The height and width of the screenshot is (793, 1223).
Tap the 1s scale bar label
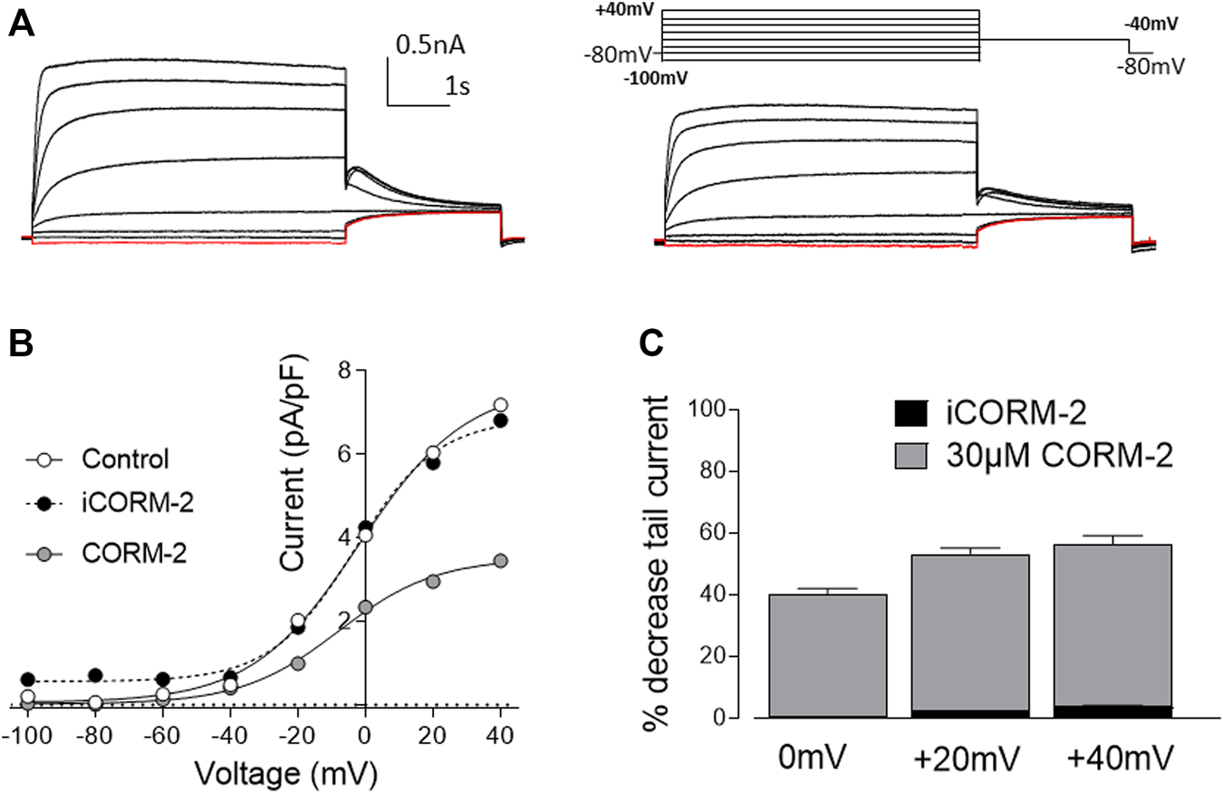pos(457,87)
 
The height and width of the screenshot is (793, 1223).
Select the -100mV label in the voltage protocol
pos(655,78)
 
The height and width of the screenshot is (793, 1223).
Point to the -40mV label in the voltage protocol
pos(1151,25)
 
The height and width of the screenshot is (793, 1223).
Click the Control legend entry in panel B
pos(125,458)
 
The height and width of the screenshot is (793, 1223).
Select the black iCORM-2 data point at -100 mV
pos(28,679)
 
